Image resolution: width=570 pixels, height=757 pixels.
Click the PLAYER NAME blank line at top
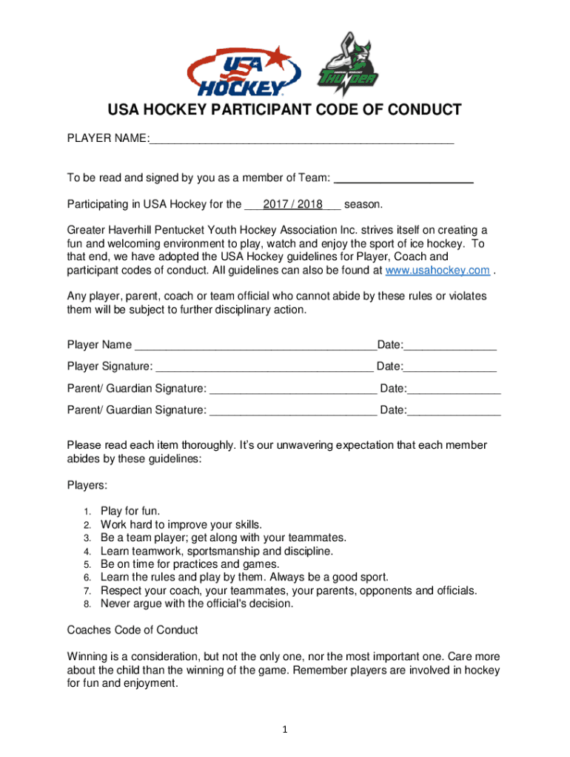[301, 140]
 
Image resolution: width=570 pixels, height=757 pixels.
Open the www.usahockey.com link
[437, 271]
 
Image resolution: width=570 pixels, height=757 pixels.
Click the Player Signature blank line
[264, 367]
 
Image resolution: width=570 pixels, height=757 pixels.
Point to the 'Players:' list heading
[87, 486]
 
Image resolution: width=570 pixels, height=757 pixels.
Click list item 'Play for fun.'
[130, 511]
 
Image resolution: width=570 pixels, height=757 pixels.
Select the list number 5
[87, 564]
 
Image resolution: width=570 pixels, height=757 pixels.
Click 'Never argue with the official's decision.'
[197, 604]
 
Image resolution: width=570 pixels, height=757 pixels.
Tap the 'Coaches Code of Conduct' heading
[133, 631]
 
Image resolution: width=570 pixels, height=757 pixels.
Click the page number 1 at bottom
[284, 730]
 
